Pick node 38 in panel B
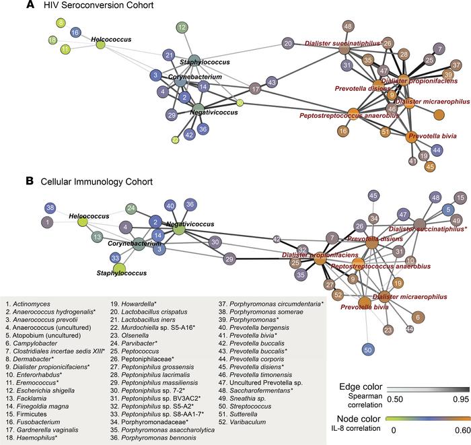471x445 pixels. coord(50,208)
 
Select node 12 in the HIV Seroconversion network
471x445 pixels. coord(182,28)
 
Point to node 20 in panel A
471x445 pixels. coord(288,44)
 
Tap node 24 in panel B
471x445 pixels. coord(132,208)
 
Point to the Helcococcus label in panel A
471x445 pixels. coord(110,40)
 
